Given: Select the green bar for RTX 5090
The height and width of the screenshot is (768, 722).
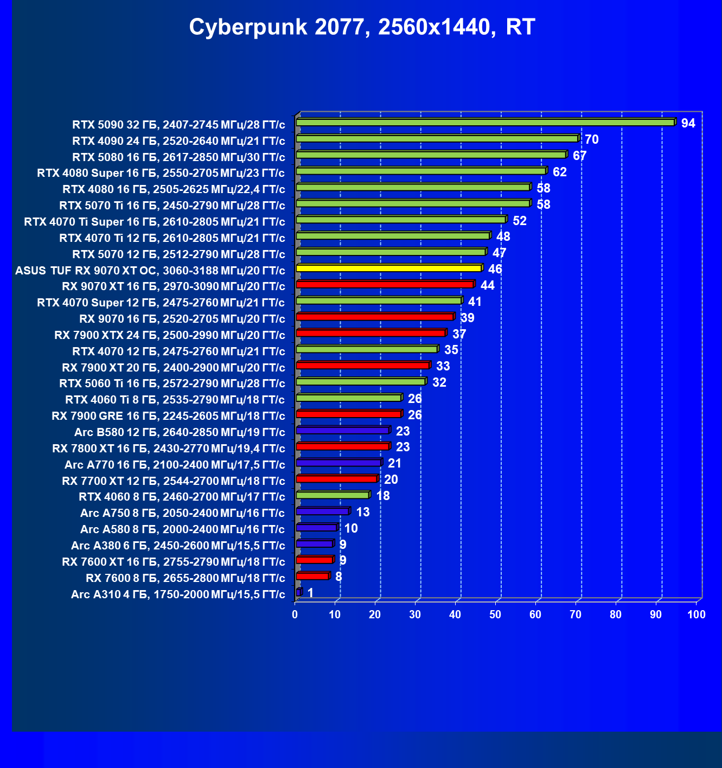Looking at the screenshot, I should click(x=485, y=123).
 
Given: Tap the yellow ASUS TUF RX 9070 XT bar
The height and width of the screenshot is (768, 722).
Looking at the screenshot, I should click(x=388, y=268).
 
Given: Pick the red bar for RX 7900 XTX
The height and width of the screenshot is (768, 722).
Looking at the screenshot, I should click(x=371, y=333).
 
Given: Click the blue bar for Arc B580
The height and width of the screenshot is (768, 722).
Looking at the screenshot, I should click(x=343, y=430).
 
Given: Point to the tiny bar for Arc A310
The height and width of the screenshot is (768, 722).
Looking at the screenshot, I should click(x=299, y=592).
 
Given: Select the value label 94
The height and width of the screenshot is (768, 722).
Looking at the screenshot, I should click(x=688, y=124).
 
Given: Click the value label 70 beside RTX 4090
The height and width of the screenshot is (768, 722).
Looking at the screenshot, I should click(x=591, y=140).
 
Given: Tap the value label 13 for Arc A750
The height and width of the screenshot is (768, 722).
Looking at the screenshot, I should click(x=362, y=513).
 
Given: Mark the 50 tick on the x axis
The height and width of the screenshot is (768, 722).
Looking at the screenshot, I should click(x=495, y=615).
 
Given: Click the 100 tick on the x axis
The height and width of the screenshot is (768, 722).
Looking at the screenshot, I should click(x=696, y=615).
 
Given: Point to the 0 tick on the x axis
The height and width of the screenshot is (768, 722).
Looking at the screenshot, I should click(x=295, y=615).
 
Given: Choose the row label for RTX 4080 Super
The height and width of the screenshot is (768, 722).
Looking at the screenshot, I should click(x=161, y=173).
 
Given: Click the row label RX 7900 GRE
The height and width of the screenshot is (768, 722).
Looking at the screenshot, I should click(x=168, y=416).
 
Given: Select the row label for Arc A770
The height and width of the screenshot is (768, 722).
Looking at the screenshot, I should click(x=175, y=465).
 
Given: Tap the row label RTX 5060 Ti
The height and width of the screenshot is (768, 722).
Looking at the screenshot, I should click(x=172, y=383).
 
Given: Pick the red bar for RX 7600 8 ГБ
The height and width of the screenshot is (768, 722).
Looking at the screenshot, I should click(x=312, y=576).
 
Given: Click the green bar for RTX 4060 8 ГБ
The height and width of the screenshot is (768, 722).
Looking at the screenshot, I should click(x=333, y=495).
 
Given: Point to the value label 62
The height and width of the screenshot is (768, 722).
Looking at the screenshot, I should click(x=559, y=172).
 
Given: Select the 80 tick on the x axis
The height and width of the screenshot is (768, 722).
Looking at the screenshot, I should click(x=616, y=615).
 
